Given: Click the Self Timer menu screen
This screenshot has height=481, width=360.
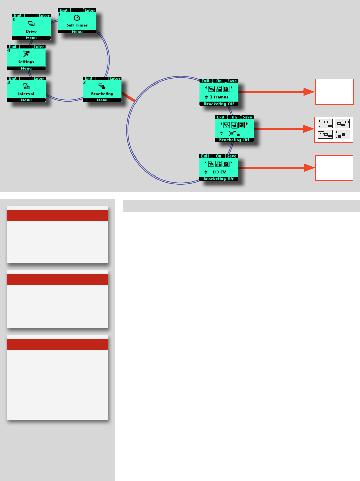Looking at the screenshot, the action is [x=77, y=21].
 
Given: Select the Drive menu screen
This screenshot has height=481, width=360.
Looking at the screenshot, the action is [x=31, y=27].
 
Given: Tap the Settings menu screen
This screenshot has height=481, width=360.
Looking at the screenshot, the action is [x=26, y=58].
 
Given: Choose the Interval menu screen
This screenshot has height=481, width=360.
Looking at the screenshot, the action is [x=26, y=90].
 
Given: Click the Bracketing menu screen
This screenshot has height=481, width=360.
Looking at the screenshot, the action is [x=102, y=90].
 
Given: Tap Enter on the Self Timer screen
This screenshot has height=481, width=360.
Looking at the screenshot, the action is [x=90, y=10].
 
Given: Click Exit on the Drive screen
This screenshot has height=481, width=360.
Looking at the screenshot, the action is [x=18, y=16].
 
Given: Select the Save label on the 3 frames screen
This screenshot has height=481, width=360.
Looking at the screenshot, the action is [x=232, y=81].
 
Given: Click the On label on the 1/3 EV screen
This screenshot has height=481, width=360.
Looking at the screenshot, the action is [x=219, y=156].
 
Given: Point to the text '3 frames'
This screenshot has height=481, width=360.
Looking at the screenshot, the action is [x=219, y=97].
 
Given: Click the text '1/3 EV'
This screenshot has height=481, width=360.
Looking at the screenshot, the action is [x=219, y=172].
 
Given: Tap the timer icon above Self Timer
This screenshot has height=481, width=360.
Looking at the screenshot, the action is [x=77, y=18].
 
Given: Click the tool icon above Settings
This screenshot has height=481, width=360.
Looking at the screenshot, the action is [x=26, y=54].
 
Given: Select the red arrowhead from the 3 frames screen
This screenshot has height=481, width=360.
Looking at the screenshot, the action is [x=309, y=92].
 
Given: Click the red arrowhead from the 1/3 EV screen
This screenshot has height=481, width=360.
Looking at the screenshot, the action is [x=309, y=168].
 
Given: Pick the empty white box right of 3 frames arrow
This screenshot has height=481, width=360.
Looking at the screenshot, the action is [x=334, y=92].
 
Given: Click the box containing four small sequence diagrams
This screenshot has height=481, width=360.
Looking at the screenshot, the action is [x=334, y=129].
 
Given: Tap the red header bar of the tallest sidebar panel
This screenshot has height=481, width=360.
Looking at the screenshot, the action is [x=57, y=344].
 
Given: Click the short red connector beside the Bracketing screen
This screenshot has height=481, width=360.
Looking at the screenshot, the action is [x=128, y=97].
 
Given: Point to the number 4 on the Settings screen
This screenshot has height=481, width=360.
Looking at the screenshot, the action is [x=9, y=51].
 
